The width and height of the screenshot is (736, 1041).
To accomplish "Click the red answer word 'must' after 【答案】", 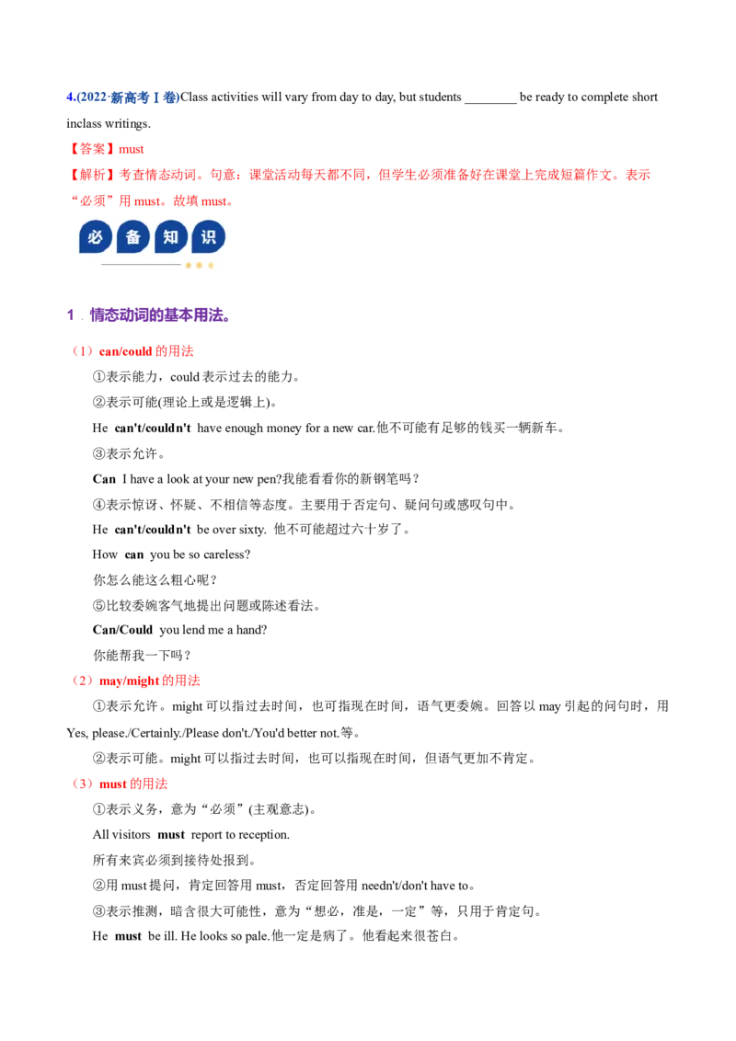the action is coord(131,149).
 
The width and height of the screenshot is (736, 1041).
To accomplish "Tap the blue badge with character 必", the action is coord(96,237).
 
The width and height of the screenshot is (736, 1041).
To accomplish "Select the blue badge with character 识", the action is coord(209,237).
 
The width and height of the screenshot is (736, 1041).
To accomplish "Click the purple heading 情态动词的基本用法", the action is coord(160,315).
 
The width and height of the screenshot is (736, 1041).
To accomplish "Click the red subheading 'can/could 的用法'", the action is coord(146,351).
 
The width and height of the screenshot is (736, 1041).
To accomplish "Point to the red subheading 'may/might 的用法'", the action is coord(149,681).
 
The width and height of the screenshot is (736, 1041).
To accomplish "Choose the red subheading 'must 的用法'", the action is coord(132,784).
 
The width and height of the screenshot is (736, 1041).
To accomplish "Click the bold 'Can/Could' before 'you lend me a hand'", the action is coord(123,629).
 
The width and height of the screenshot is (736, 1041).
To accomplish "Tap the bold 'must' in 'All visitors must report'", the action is coord(171,834).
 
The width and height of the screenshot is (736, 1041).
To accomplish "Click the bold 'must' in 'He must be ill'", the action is coord(128,936).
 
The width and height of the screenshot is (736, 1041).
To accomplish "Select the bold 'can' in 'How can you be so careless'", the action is coord(134,555).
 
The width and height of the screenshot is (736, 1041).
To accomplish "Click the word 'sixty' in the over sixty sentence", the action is coord(250,529).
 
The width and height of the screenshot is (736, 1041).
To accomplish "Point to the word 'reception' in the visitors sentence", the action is coord(264,835).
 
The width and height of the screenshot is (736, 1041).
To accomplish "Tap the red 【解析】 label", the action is coord(92,175).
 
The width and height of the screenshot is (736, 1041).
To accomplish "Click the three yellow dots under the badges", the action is coord(200,265).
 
